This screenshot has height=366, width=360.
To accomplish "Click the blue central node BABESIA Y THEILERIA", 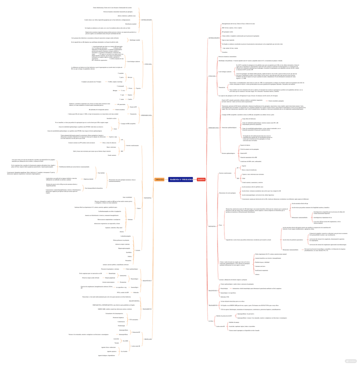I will coord(180,180).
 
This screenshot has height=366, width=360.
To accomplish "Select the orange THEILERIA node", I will coord(159,180).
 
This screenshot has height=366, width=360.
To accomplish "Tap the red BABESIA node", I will coord(201,180).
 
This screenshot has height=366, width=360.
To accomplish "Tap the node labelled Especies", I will coord(138,88).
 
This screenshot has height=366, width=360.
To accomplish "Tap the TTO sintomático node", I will coord(134,319).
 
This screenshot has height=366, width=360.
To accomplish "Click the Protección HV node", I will coord(136,332).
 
